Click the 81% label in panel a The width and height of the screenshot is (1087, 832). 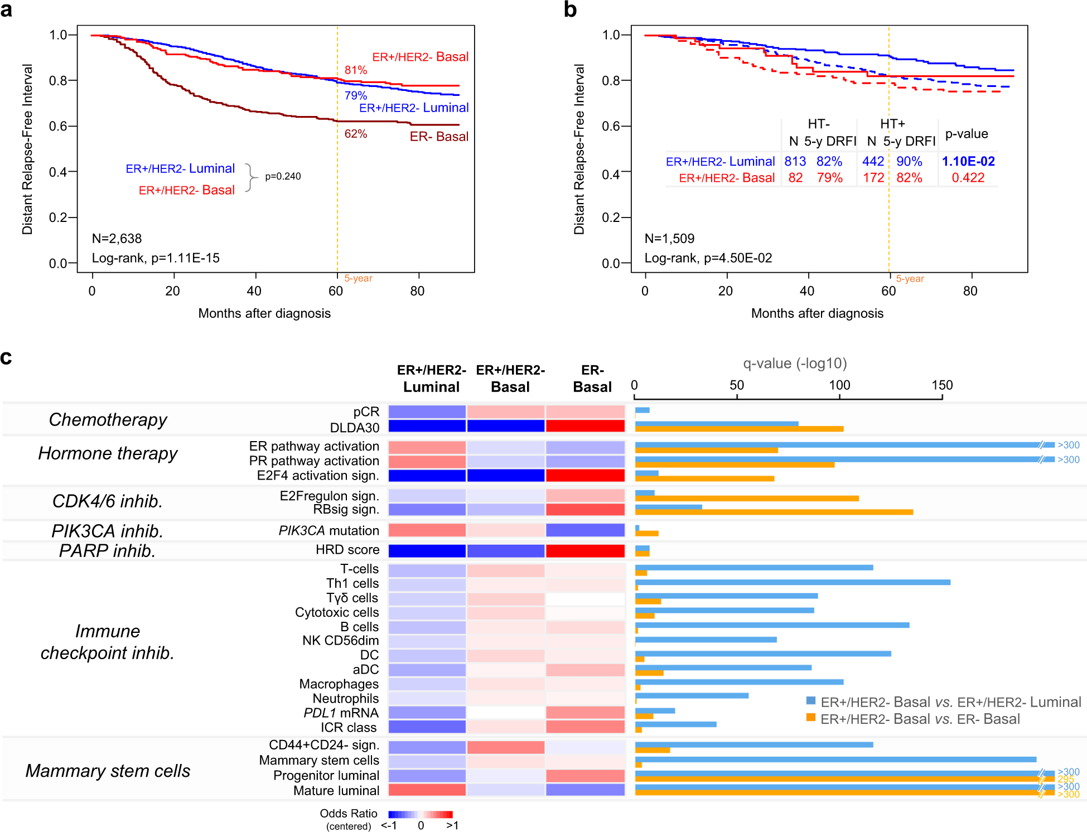(355, 70)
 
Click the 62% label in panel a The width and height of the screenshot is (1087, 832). (355, 134)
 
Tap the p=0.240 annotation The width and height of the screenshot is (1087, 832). (283, 176)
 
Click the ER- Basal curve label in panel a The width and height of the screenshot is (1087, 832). (438, 137)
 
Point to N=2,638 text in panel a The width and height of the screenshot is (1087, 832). (117, 239)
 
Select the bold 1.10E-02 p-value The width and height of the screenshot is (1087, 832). (968, 162)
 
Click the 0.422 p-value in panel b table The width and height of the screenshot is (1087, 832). (968, 178)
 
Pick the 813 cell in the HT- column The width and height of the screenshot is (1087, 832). (795, 162)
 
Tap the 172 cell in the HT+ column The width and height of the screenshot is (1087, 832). (873, 178)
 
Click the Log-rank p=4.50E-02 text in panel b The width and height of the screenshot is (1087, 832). (708, 258)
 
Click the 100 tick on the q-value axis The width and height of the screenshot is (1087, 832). (839, 385)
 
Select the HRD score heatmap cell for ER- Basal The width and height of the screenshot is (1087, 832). (585, 551)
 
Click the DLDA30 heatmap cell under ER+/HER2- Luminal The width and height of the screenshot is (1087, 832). (427, 426)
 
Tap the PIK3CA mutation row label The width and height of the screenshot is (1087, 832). (328, 531)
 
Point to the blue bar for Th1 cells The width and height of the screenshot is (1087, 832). (792, 582)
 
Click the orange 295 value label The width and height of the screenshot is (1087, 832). (1065, 779)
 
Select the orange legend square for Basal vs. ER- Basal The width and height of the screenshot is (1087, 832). (811, 717)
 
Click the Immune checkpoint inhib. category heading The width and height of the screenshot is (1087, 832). (107, 642)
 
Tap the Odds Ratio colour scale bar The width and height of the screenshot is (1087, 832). (420, 814)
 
